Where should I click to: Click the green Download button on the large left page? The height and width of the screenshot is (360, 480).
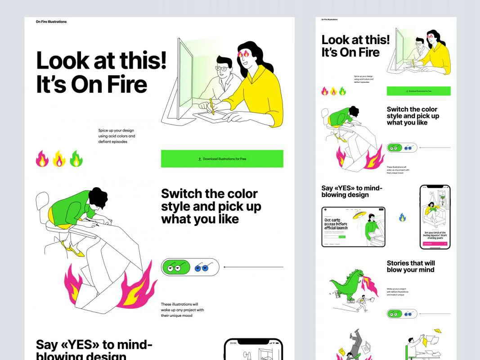coord(222,159)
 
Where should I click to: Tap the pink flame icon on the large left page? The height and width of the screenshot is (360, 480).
coord(42,159)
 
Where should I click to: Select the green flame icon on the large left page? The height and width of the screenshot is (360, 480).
coord(76,159)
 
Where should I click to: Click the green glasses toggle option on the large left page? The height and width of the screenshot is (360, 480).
coord(176,267)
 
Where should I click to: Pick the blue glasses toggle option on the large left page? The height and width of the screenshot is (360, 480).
coord(202,267)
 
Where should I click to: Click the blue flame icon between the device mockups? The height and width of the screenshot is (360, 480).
coord(402,217)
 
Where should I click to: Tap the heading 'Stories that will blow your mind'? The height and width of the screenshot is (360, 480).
coord(410,266)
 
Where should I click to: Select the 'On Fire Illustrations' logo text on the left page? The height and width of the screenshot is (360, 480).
coord(51,22)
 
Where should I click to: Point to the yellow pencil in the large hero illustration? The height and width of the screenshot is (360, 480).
coord(212,106)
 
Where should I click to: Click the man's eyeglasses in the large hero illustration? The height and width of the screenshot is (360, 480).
coord(222,68)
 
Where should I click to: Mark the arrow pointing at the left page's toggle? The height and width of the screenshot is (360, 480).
coord(253,267)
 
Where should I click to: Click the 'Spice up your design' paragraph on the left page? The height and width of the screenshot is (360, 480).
coord(117,136)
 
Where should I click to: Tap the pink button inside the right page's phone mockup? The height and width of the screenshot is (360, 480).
coord(435,243)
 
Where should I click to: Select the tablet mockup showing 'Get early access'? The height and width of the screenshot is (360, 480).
coord(353,227)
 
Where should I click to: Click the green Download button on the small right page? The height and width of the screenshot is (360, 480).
coord(418,91)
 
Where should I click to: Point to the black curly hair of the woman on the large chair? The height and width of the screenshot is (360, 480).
coord(98,197)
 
